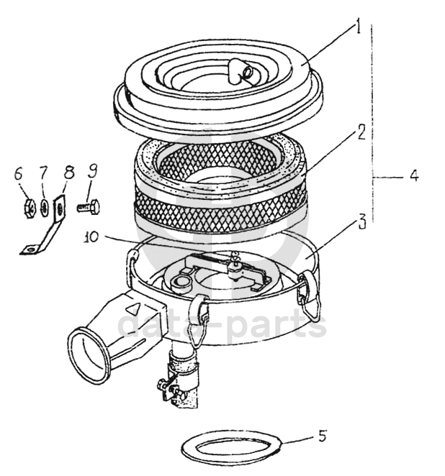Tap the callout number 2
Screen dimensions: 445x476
[x=361, y=132]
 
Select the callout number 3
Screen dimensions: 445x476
[x=361, y=223]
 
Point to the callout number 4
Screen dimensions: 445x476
[x=414, y=176]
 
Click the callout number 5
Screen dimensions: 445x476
[x=323, y=436]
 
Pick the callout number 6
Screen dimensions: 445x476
[x=18, y=175]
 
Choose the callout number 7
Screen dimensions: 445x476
[x=43, y=173]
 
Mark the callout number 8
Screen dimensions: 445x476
[x=68, y=173]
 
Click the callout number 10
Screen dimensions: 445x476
[x=92, y=237]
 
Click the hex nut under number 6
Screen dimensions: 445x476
[x=30, y=208]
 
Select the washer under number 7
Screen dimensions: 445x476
[x=45, y=209]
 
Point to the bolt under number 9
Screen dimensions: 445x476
[x=89, y=207]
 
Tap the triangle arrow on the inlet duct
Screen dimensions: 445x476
[x=133, y=311]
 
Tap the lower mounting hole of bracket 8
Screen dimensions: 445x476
[x=31, y=250]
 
